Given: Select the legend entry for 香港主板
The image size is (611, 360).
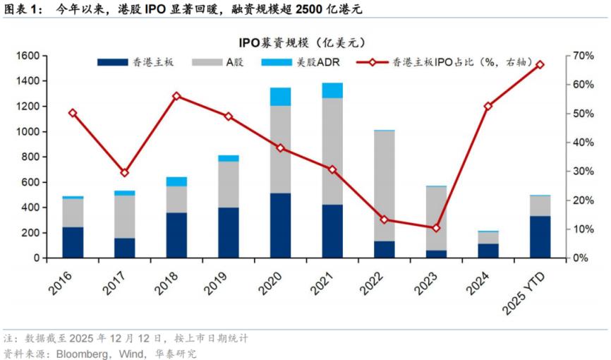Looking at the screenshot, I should tap(138, 63).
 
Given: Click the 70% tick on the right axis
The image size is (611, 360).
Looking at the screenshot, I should tap(584, 56).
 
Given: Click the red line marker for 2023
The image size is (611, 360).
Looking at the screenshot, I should tap(436, 228).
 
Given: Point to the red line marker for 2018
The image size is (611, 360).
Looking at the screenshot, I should tap(176, 96).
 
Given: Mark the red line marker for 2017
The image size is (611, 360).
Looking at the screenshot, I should tap(125, 172).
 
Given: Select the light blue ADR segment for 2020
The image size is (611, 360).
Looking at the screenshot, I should tap(281, 97).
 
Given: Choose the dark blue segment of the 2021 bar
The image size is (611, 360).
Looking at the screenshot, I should tap(332, 231).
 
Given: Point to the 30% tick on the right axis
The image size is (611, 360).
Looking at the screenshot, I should tap(584, 172).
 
